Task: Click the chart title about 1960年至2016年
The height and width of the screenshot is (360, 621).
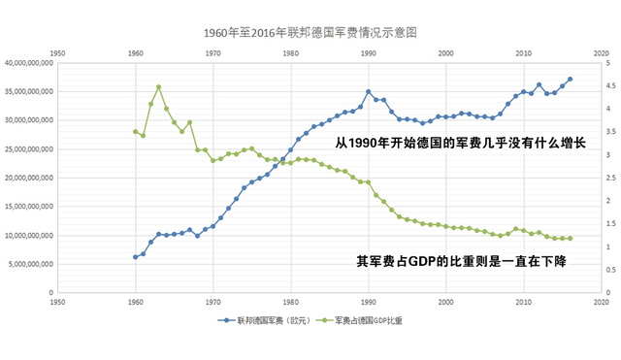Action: [x=310, y=32]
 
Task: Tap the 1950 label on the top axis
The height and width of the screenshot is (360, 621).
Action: [x=58, y=52]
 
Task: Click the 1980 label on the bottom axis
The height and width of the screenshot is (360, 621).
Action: [x=290, y=301]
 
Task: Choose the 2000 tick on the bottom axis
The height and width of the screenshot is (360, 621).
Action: [x=445, y=301]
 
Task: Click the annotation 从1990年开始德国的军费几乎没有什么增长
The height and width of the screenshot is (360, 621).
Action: [x=461, y=142]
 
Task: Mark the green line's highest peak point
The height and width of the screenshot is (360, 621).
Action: [x=158, y=87]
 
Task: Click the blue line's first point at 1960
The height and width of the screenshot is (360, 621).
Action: [x=135, y=257]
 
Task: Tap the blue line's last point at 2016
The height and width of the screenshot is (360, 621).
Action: [x=570, y=80]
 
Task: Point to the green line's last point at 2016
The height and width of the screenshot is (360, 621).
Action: [x=570, y=238]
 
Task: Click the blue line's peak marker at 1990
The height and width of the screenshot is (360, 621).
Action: [x=368, y=92]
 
